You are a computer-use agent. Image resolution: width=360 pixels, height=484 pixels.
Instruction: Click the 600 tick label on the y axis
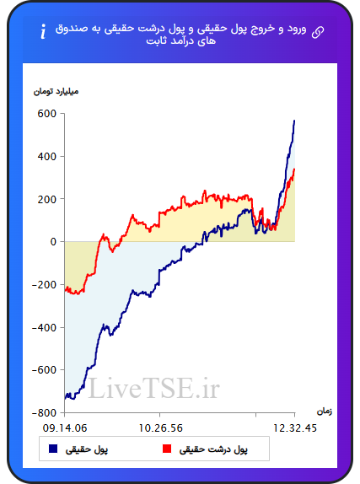pyautogui.click(x=47, y=114)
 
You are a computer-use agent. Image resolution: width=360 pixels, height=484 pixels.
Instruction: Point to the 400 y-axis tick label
pyautogui.click(x=47, y=157)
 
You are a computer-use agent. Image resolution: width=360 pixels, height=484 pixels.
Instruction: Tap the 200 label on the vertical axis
pyautogui.click(x=47, y=199)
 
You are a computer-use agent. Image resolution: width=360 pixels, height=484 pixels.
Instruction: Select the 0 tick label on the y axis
pyautogui.click(x=53, y=242)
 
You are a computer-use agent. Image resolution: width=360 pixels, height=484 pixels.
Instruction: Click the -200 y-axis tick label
pyautogui.click(x=44, y=285)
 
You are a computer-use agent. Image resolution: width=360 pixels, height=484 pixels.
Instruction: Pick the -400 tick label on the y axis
pyautogui.click(x=44, y=327)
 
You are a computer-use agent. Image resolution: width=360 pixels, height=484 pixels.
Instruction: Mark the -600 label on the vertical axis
pyautogui.click(x=44, y=370)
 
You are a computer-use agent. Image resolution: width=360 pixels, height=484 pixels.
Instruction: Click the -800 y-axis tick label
pyautogui.click(x=44, y=412)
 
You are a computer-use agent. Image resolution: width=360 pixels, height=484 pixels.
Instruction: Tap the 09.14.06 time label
pyautogui.click(x=65, y=428)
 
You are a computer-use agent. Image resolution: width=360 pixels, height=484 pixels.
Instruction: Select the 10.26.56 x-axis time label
pyautogui.click(x=160, y=428)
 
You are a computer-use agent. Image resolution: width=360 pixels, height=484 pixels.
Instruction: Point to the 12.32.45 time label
pyautogui.click(x=295, y=428)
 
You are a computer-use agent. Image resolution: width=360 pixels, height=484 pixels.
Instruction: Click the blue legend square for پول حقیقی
pyautogui.click(x=53, y=449)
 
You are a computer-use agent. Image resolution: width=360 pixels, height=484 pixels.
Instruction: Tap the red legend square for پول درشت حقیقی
pyautogui.click(x=167, y=449)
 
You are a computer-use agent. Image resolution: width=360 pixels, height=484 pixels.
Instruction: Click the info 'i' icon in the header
pyautogui.click(x=43, y=31)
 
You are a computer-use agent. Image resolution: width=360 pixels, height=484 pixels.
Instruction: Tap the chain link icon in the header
pyautogui.click(x=318, y=32)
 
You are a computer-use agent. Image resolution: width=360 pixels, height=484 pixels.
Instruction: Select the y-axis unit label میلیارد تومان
pyautogui.click(x=56, y=92)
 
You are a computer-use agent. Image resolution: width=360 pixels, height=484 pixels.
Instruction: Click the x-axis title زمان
pyautogui.click(x=325, y=411)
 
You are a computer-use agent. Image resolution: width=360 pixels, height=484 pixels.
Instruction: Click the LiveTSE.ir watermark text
pyautogui.click(x=154, y=389)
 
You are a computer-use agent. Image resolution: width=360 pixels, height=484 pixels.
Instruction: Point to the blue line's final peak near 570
pyautogui.click(x=294, y=121)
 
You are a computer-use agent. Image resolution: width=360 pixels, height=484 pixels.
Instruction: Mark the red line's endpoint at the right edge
pyautogui.click(x=294, y=169)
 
